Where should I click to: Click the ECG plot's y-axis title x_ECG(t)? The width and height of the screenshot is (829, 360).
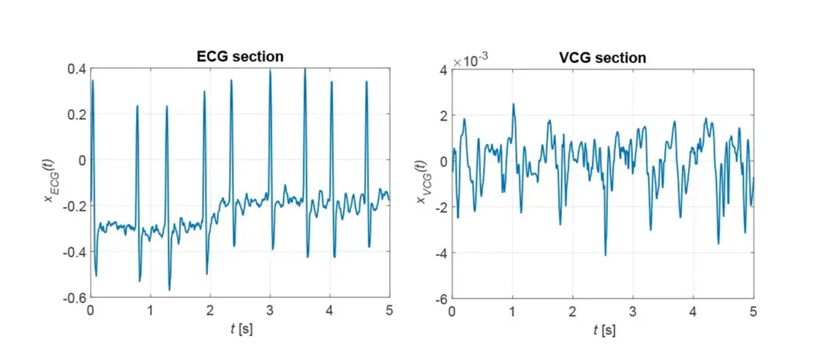point(50,183)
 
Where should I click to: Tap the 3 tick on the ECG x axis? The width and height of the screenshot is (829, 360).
point(270,311)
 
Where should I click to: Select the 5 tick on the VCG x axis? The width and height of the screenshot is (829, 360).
point(754,311)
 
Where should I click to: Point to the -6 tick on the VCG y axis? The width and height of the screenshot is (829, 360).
point(439,298)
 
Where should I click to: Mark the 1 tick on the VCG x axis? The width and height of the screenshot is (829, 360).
point(512,311)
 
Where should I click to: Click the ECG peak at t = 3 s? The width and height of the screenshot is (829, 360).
point(270,71)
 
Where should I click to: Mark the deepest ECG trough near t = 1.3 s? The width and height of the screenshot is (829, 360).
point(169,290)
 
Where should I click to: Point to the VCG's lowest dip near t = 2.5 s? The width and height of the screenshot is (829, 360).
point(605,255)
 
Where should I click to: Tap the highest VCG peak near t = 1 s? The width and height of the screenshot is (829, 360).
point(514,104)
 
